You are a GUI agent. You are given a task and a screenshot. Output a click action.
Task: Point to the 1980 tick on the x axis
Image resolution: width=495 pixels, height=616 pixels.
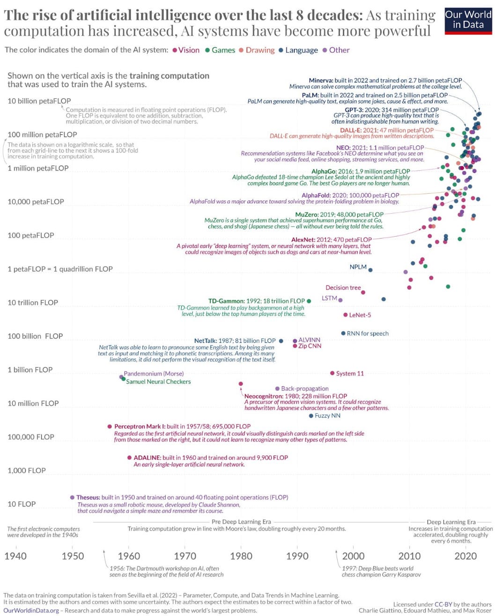click(x=241, y=556)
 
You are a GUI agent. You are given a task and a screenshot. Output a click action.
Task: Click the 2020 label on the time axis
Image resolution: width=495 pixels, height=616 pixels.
click(x=465, y=556)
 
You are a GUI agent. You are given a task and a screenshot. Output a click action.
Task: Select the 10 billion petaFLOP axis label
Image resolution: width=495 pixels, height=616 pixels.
click(x=39, y=101)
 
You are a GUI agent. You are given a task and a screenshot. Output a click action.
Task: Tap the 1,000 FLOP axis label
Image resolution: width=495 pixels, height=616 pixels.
click(x=27, y=471)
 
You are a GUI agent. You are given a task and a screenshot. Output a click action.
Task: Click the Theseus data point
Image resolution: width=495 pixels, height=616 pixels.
click(x=72, y=498)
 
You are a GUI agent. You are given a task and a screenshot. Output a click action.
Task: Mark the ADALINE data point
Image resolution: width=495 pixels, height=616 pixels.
click(x=129, y=458)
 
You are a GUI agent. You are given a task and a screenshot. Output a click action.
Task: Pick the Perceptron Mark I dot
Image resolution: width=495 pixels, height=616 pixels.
click(x=110, y=427)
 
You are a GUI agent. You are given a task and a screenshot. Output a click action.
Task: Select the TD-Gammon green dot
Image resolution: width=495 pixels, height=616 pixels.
click(x=309, y=301)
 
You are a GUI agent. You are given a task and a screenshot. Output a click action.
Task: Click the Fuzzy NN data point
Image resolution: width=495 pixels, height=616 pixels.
click(x=311, y=416)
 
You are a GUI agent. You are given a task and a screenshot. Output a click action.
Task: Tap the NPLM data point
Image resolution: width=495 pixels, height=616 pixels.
click(x=370, y=270)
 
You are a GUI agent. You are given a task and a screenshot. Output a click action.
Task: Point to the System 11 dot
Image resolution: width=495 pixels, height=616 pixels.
click(x=332, y=373)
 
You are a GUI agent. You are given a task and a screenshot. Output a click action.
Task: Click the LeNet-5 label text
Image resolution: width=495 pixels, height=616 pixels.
click(x=360, y=315)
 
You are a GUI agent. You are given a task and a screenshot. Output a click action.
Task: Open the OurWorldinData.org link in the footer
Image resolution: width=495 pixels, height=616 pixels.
click(x=31, y=610)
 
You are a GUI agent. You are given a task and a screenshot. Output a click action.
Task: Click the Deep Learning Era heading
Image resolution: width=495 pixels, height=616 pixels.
click(x=451, y=522)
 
